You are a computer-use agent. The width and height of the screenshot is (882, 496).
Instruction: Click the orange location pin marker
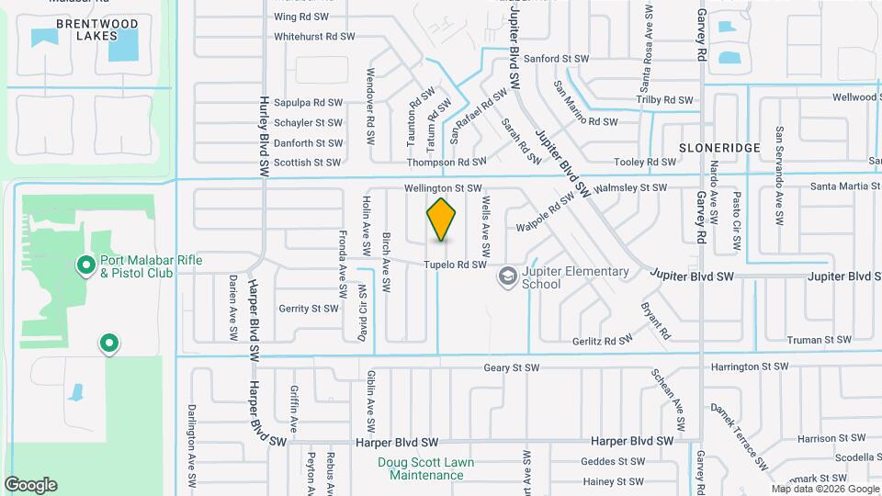[442, 220]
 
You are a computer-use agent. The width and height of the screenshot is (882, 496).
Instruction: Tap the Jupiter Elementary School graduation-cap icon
[507, 276]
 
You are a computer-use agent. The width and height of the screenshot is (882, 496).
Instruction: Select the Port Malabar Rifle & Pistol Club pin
[85, 266]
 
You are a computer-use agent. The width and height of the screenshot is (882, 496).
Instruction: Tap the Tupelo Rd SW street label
[454, 265]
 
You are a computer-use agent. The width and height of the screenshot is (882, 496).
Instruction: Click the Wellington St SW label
[444, 188]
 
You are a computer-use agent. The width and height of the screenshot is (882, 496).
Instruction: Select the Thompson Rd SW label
[447, 162]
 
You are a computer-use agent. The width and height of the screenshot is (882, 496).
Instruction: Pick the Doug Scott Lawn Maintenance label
[426, 468]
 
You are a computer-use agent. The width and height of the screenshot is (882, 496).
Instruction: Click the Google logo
[30, 485]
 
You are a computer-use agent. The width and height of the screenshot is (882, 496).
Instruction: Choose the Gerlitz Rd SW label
[602, 340]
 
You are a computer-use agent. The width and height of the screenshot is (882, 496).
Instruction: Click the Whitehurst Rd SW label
[314, 37]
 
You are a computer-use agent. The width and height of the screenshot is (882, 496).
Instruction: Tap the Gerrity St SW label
[310, 309]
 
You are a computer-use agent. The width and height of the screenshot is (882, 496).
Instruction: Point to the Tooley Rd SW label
[645, 162]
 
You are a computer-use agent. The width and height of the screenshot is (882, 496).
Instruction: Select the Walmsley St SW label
[630, 187]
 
